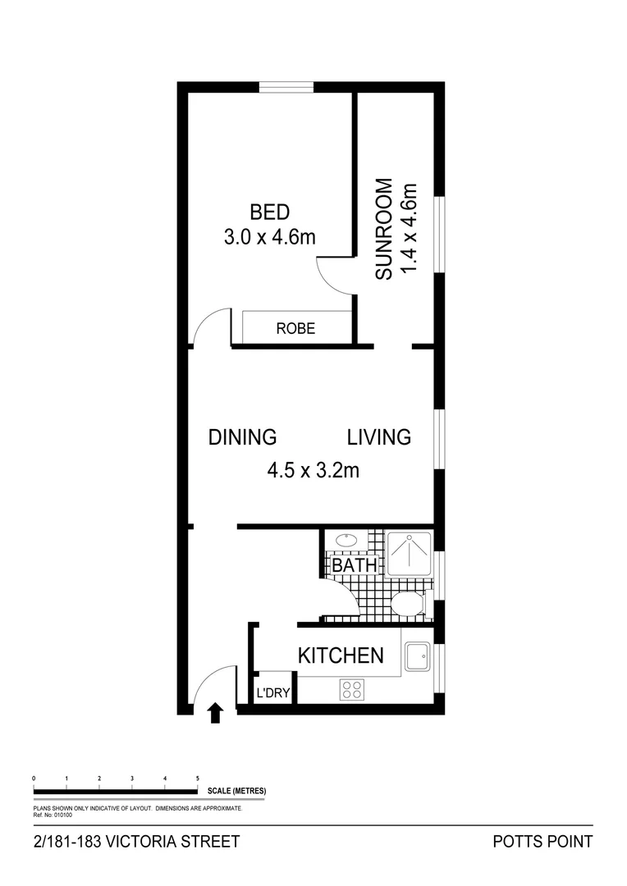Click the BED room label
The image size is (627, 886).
pyautogui.click(x=269, y=212)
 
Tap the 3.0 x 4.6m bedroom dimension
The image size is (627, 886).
pyautogui.click(x=269, y=238)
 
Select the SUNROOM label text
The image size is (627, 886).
pyautogui.click(x=384, y=230)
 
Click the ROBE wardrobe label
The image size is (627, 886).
pyautogui.click(x=295, y=329)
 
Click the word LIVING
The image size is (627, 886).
pyautogui.click(x=378, y=437)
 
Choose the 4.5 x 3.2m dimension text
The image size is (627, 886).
pyautogui.click(x=313, y=471)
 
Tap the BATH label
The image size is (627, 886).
pyautogui.click(x=355, y=565)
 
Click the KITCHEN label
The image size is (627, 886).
pyautogui.click(x=340, y=655)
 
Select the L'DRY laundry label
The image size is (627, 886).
pyautogui.click(x=274, y=693)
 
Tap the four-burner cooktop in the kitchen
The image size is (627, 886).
pyautogui.click(x=352, y=690)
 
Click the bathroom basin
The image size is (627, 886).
pyautogui.click(x=346, y=541)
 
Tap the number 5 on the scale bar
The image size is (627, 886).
pyautogui.click(x=197, y=777)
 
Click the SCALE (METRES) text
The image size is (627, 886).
pyautogui.click(x=236, y=791)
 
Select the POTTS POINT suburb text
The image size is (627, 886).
pyautogui.click(x=542, y=842)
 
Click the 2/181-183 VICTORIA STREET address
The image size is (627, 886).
pyautogui.click(x=136, y=842)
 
